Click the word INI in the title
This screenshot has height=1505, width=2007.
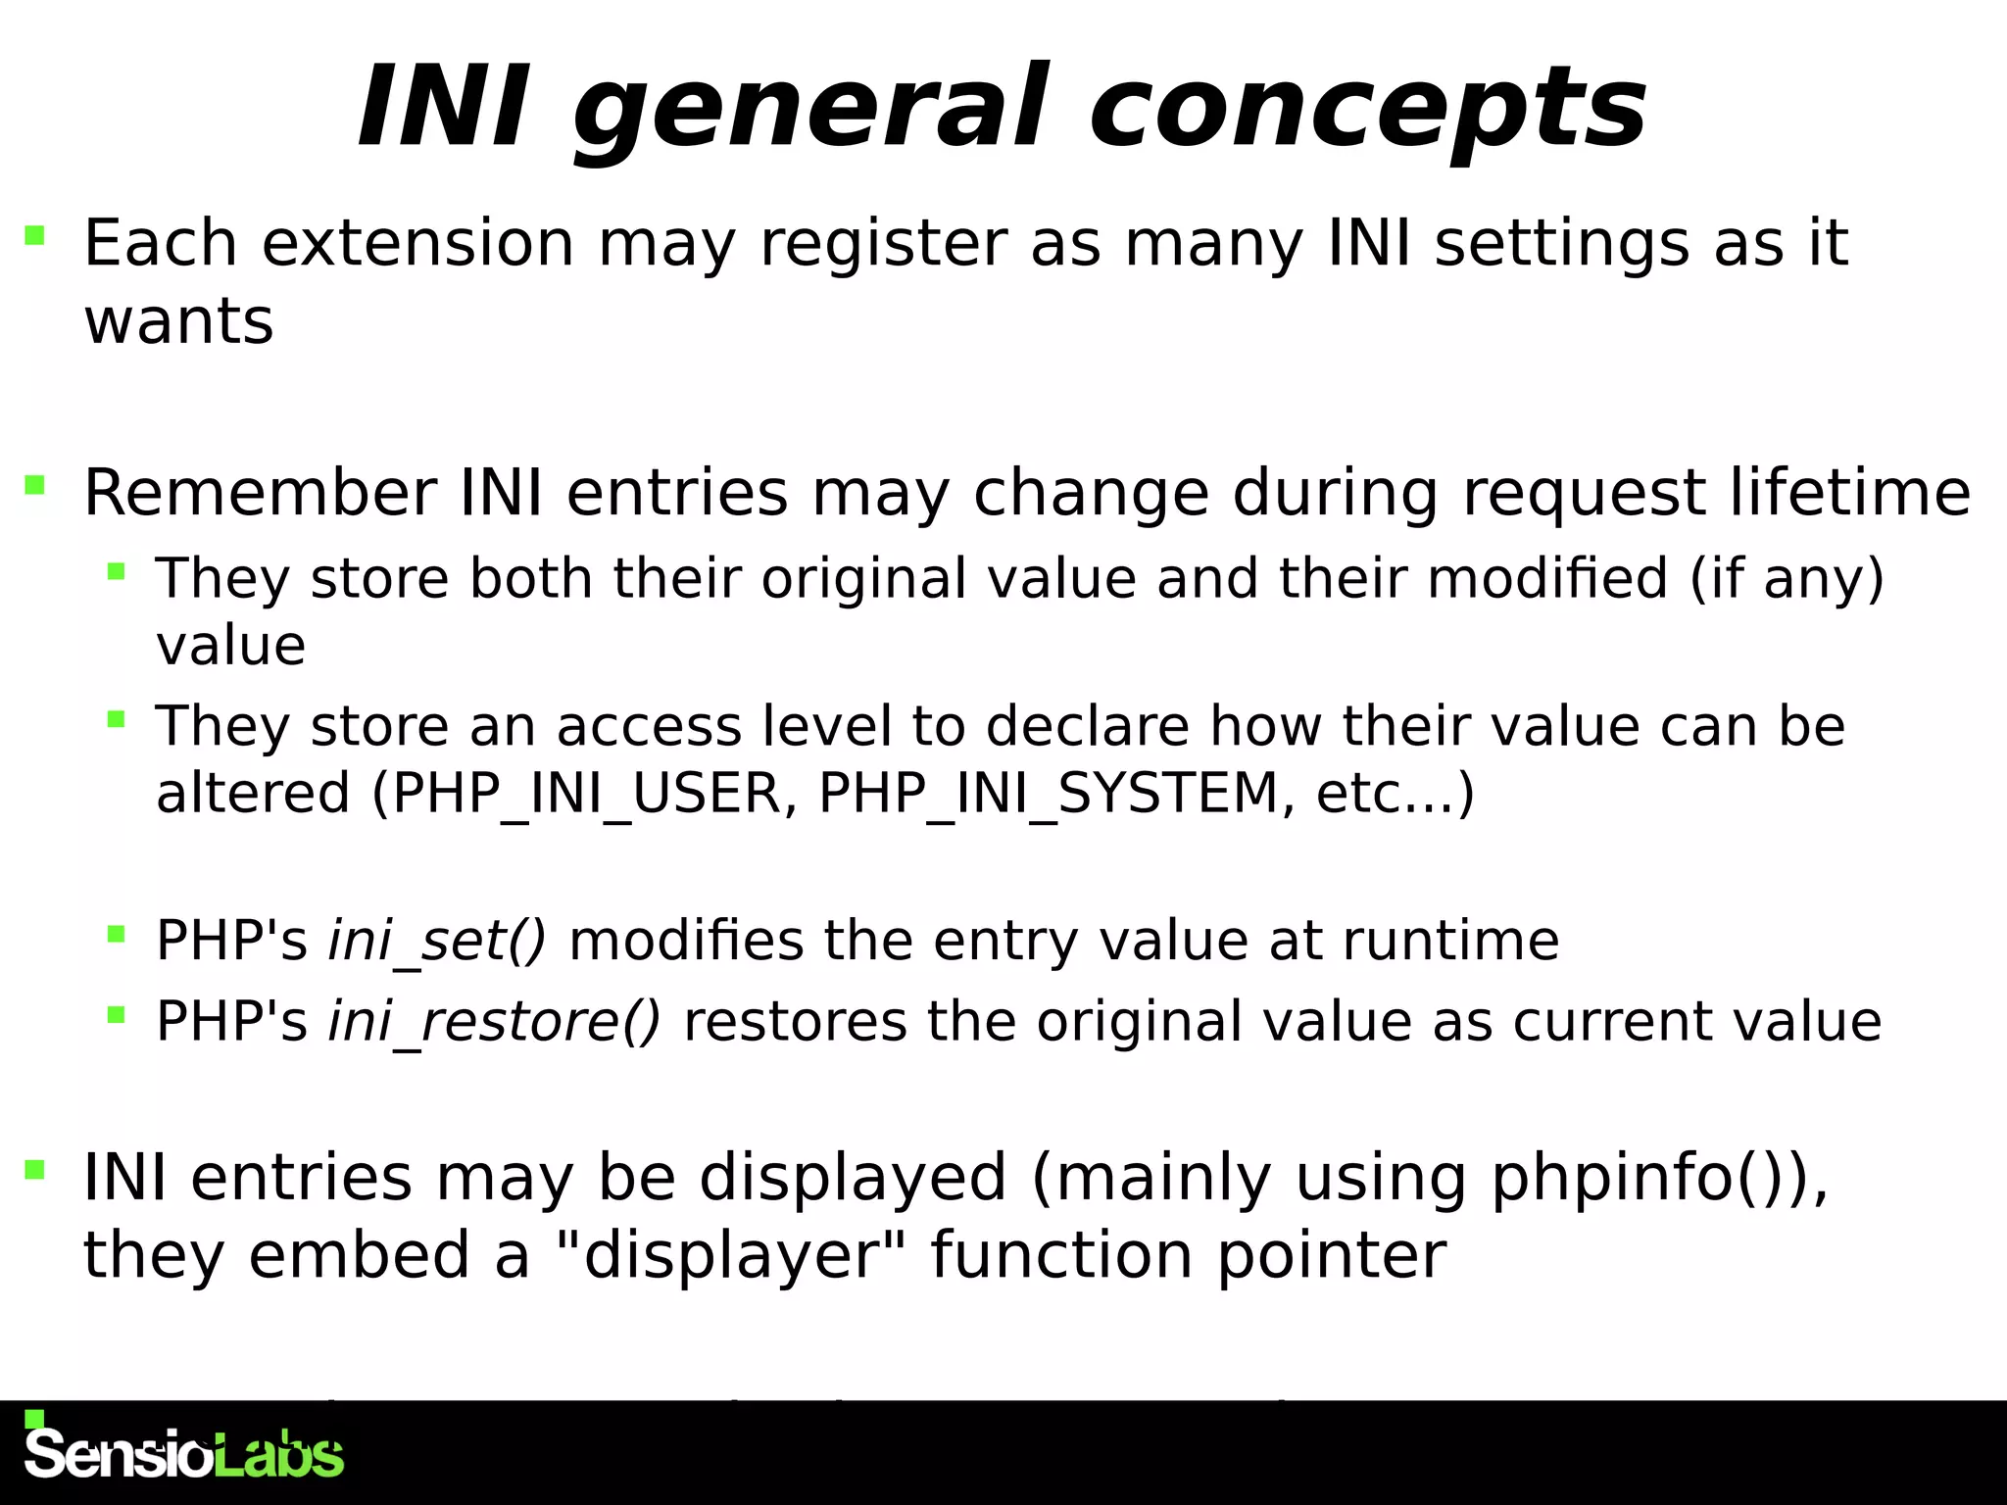tap(443, 106)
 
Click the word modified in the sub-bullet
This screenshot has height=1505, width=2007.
tap(1547, 578)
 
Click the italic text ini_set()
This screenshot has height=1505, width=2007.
tap(437, 941)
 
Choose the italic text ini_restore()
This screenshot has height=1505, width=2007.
tap(494, 1021)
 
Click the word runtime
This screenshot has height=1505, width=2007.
tap(1449, 941)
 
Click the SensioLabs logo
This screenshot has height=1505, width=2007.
tap(183, 1452)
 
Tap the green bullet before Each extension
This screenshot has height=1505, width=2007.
tap(35, 235)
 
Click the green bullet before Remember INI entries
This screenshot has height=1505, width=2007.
tap(35, 484)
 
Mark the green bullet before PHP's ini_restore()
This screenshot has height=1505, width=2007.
tap(117, 1014)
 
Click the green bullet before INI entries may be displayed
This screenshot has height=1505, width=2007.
tap(35, 1169)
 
